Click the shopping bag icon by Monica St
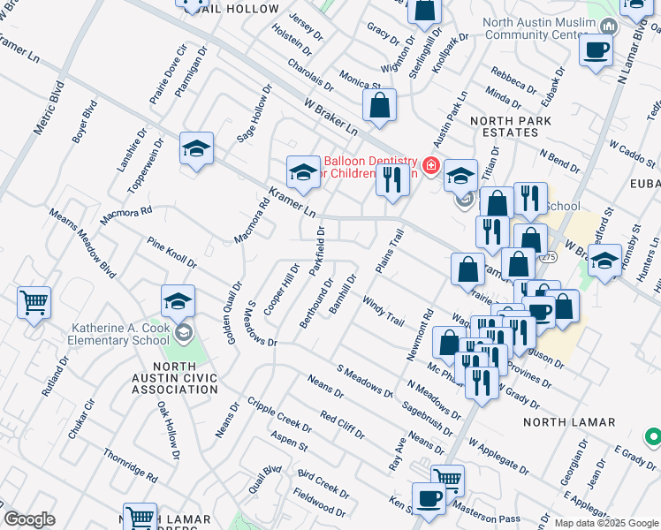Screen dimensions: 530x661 tap(379, 106)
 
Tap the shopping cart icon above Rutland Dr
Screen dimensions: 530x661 tap(34, 303)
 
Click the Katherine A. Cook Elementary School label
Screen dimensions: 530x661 tap(120, 334)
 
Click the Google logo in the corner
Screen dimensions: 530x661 tap(29, 519)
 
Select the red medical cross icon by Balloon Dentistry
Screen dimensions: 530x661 tap(430, 165)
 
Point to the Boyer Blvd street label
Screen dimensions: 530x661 tap(84, 123)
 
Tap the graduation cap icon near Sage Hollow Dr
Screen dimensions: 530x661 tap(196, 148)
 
